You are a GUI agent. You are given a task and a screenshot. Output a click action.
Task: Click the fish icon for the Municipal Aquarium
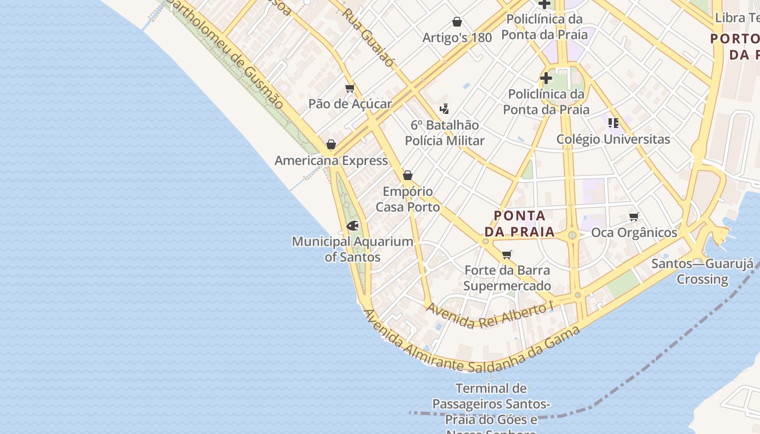(352, 226)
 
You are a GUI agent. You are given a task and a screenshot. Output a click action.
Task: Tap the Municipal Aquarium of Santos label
(352, 249)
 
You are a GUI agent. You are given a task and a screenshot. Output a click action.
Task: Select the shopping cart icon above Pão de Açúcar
(350, 88)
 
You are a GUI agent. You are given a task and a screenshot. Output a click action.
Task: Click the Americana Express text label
(331, 161)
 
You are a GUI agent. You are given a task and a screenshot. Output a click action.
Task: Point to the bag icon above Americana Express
(331, 145)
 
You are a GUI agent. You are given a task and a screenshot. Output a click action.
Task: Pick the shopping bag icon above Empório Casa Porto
(408, 175)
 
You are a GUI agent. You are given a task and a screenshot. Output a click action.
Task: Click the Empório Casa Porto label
(408, 199)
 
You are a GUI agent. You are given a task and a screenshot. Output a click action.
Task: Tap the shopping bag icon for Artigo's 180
(457, 22)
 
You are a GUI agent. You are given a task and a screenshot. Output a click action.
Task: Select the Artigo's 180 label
(457, 37)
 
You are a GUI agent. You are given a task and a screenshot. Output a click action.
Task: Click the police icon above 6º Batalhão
(445, 109)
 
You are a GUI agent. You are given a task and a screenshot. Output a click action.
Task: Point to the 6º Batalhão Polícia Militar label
(445, 133)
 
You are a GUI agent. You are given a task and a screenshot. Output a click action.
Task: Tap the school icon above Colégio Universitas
(613, 123)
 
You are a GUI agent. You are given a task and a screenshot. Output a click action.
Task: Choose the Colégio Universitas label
(613, 139)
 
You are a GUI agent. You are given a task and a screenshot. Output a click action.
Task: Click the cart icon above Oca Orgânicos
(634, 217)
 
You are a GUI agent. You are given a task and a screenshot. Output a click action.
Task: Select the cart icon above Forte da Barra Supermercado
(507, 254)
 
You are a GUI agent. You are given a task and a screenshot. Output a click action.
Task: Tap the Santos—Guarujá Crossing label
(702, 271)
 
